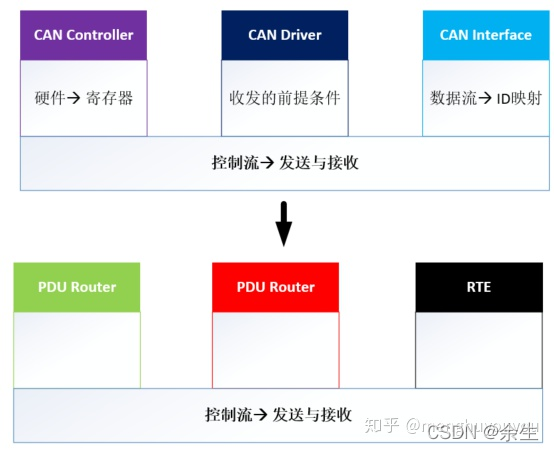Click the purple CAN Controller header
pos(84,35)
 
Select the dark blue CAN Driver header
pos(285,35)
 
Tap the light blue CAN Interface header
pos(485,35)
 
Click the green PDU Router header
pos(78,287)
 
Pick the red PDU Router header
pos(275,287)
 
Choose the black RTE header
pos(478,287)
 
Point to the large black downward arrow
pos(284,224)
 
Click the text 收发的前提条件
pos(285,98)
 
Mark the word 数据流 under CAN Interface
pos(452,98)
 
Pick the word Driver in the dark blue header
pos(301,35)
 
